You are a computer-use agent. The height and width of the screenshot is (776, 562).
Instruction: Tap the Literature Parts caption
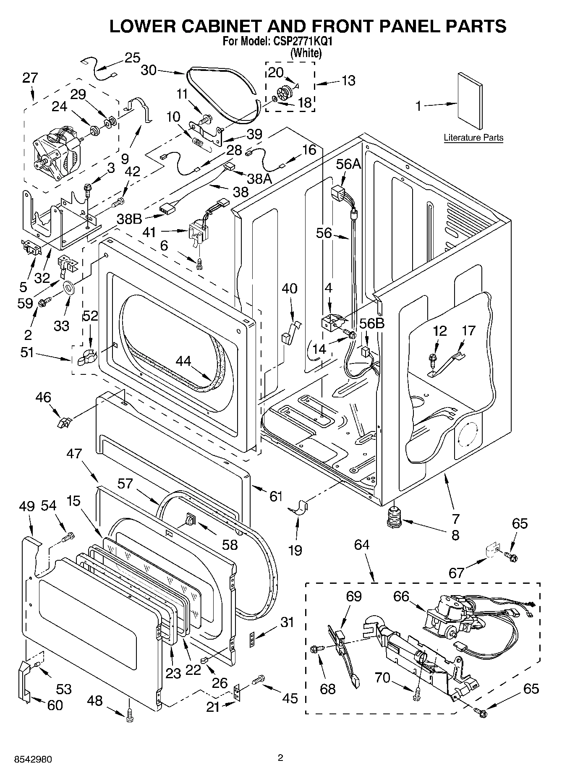tap(473, 138)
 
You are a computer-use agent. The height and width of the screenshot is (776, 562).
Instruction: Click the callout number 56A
tap(348, 164)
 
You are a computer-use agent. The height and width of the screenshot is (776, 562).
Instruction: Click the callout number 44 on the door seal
tap(183, 361)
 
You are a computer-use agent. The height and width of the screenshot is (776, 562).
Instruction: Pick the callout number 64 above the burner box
tap(362, 545)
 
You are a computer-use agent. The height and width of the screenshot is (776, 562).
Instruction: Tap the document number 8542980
tap(27, 760)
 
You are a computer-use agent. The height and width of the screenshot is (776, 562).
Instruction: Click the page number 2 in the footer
tap(280, 758)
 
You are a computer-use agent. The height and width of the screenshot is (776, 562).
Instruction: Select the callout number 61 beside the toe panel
tap(275, 496)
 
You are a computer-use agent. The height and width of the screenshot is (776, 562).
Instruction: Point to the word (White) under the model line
tap(306, 53)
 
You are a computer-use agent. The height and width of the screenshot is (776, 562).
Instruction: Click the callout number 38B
tap(129, 218)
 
